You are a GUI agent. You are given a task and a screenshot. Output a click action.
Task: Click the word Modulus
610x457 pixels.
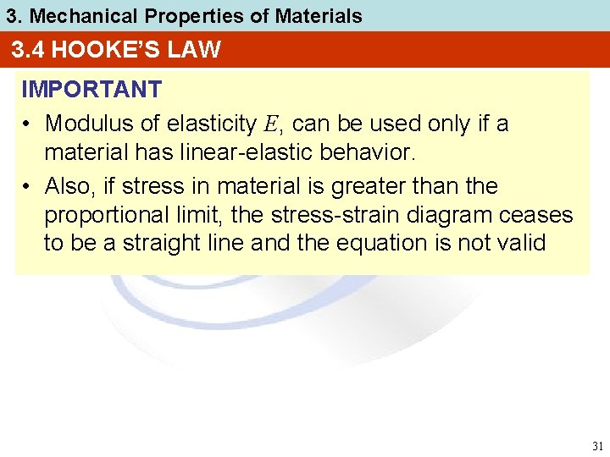click(86, 124)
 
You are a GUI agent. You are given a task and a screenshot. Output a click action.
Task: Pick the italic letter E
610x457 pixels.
click(269, 124)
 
